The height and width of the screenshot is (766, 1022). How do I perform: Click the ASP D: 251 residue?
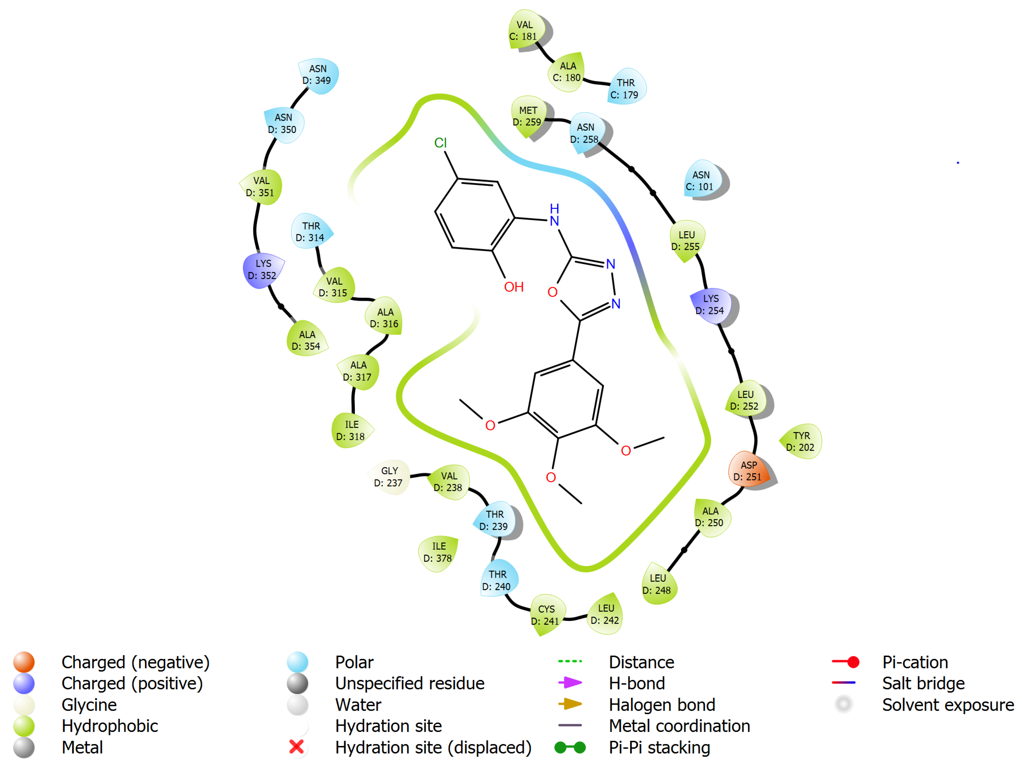pos(748,471)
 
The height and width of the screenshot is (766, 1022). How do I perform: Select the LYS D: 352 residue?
pos(263,270)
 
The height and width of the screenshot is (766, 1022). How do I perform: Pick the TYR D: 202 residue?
pos(801,441)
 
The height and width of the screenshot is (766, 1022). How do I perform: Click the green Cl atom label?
pos(440,143)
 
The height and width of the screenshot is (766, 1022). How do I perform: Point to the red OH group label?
pos(513,287)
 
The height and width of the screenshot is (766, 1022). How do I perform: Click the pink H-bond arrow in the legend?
pos(570,682)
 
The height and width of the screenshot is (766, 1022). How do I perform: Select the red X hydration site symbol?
pos(297,747)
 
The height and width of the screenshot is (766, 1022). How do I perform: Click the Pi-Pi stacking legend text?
pos(659,747)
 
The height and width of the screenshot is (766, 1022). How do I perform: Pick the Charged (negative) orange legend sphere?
pos(24,661)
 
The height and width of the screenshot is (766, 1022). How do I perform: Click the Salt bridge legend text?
pos(923,683)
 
